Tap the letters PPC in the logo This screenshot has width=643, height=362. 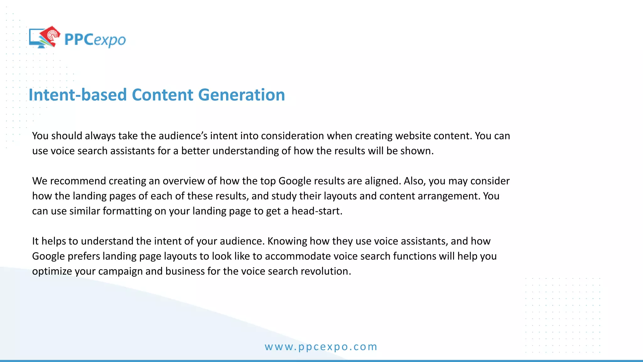(78, 40)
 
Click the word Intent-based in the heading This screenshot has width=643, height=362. (78, 95)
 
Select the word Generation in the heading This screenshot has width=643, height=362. (241, 95)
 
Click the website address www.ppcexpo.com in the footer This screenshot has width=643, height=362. (321, 347)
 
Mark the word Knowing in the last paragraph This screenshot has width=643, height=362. (287, 241)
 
